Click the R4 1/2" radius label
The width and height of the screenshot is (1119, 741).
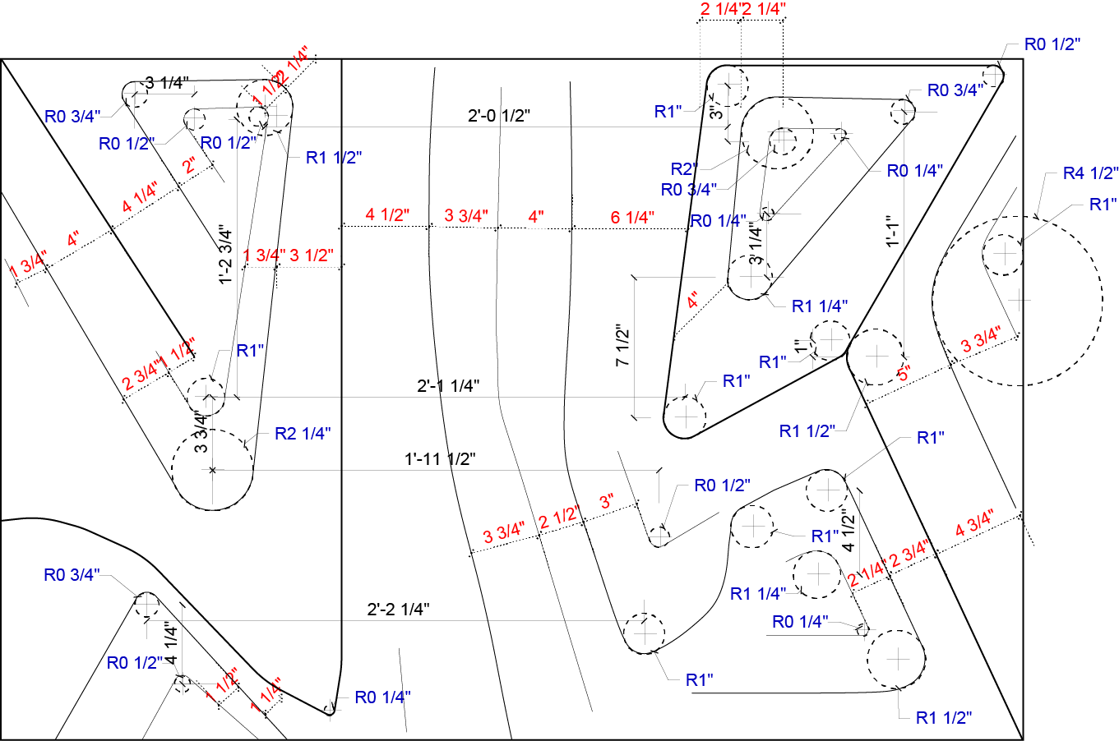[1090, 173]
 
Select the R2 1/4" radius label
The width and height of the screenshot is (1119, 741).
[303, 434]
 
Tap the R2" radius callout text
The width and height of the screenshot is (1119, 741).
[684, 170]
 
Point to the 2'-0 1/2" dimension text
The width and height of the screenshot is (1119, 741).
[499, 116]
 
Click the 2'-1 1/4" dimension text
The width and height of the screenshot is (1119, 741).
[448, 385]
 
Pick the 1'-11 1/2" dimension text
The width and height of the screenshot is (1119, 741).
[440, 459]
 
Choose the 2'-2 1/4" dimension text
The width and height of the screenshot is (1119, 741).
[398, 610]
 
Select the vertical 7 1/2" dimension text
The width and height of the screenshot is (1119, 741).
[622, 347]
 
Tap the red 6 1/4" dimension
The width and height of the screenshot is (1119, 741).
[632, 218]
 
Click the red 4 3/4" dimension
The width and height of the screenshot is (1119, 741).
[974, 523]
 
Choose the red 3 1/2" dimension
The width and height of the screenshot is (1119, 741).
[312, 255]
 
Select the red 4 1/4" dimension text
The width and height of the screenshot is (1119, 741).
[140, 198]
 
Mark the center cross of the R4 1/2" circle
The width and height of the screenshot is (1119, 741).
[1018, 300]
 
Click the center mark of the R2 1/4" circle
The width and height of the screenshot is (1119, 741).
[212, 470]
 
